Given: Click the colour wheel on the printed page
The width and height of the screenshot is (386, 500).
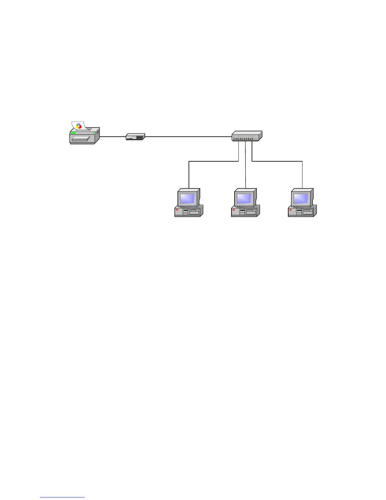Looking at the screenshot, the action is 79,126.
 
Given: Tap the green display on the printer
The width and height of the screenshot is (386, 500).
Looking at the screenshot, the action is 73,133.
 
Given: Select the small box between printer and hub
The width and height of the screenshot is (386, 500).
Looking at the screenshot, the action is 135,137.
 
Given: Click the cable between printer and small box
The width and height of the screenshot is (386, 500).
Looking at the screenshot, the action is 113,137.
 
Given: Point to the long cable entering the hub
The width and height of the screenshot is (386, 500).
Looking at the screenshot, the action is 188,137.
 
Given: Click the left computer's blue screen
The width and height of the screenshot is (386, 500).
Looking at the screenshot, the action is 187,199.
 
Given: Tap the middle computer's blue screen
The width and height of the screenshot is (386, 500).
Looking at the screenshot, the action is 244,199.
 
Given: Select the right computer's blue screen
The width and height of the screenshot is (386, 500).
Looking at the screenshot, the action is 301,199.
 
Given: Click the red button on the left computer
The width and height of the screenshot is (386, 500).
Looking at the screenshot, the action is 177,210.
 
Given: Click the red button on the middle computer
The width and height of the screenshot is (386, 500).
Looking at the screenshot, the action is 234,210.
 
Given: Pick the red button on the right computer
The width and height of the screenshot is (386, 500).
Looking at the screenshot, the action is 291,210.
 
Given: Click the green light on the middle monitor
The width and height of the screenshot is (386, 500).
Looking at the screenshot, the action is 252,205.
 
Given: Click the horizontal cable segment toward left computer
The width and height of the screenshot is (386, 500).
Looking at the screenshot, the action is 213,161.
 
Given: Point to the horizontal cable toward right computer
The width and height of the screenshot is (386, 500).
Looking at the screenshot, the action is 277,161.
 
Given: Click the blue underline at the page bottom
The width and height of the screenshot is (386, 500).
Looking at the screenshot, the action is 62,497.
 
